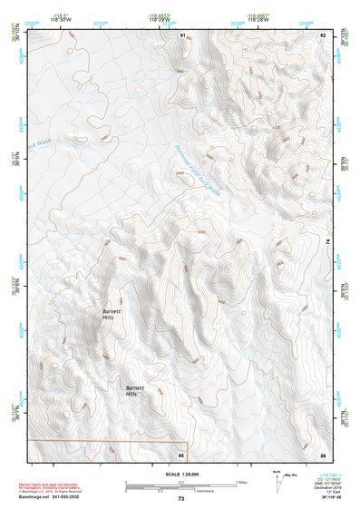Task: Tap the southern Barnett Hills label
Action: [x=132, y=391]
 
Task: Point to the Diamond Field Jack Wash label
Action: [x=197, y=172]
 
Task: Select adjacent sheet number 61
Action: [x=182, y=35]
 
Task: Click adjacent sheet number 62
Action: [x=323, y=35]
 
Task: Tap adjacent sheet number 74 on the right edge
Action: [x=326, y=241]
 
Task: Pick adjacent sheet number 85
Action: [x=181, y=454]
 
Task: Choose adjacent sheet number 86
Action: [x=323, y=454]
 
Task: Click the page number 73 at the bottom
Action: [x=180, y=498]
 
